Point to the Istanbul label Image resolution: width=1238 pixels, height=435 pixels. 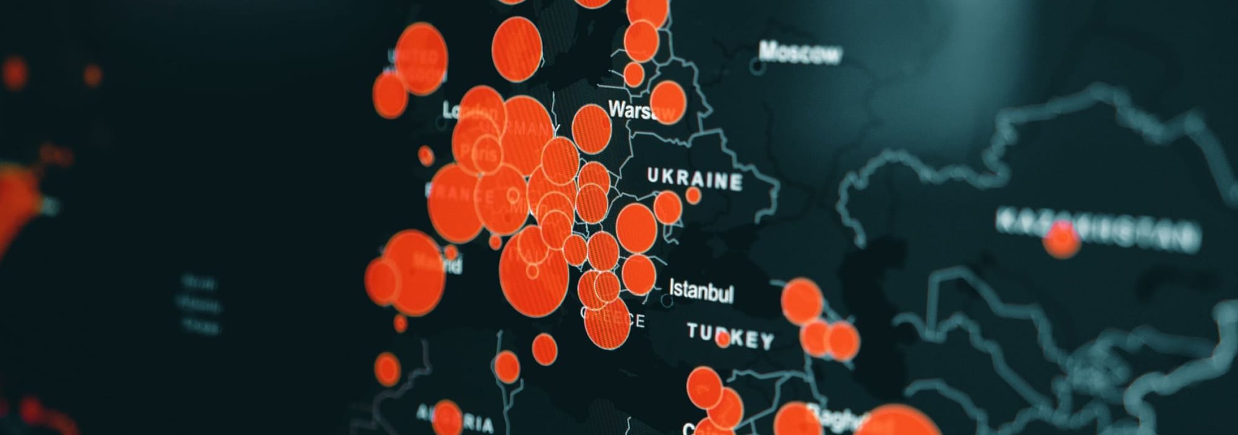[701, 291]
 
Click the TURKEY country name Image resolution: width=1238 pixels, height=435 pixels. [730, 336]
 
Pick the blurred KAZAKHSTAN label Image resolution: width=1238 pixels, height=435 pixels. [1096, 229]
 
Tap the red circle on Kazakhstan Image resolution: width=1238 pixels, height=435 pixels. [1062, 240]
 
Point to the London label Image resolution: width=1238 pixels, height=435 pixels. [470, 112]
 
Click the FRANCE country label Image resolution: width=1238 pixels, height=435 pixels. [461, 193]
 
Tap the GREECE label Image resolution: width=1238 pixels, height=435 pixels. [613, 319]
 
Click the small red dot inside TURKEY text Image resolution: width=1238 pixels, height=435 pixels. [722, 340]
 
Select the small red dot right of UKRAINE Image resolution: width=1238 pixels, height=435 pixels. [693, 195]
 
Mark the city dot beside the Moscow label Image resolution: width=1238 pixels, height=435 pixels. [756, 64]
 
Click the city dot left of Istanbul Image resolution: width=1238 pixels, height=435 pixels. [666, 301]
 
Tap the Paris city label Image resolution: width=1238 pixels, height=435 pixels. [480, 152]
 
